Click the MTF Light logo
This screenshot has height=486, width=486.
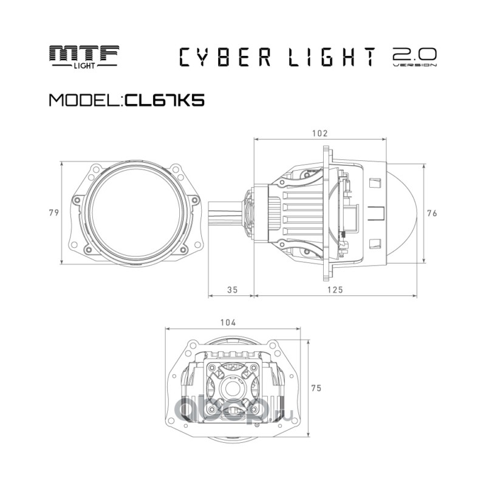click(x=84, y=56)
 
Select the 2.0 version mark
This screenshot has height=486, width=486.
click(x=415, y=57)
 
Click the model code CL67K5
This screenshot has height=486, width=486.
click(x=164, y=100)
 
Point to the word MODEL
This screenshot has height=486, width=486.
click(x=84, y=100)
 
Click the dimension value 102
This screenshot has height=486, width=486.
click(x=320, y=133)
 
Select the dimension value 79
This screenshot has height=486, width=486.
click(x=54, y=213)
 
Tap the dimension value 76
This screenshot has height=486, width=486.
click(x=432, y=213)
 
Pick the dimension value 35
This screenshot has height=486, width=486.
click(x=233, y=290)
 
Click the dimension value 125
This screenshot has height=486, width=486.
click(x=335, y=290)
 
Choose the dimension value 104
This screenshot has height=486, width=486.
click(x=228, y=323)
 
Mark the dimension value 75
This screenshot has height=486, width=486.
click(x=317, y=388)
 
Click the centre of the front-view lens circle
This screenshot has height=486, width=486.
click(x=135, y=213)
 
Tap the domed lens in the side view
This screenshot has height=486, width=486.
click(x=402, y=213)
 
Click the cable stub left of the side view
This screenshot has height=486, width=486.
click(x=225, y=213)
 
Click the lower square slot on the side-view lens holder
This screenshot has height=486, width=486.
click(x=375, y=244)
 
